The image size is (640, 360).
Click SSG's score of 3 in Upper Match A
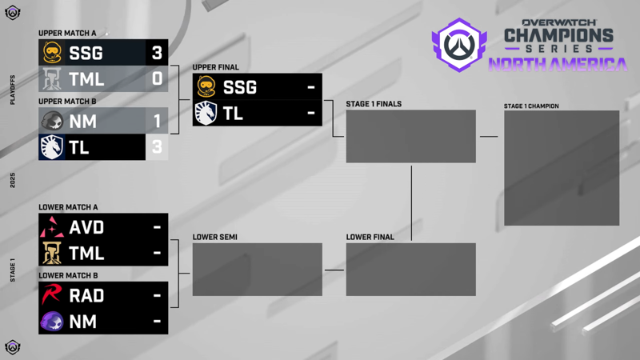(157, 53)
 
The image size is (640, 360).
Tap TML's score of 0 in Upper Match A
(157, 78)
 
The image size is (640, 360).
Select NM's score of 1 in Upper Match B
(157, 122)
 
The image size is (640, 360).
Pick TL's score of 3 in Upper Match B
(157, 147)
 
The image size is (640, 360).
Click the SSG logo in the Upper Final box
(206, 86)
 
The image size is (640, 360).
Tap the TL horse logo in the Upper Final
(206, 113)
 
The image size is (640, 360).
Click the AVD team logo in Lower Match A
(52, 227)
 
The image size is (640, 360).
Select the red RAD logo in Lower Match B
(51, 294)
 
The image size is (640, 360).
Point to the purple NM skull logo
(52, 322)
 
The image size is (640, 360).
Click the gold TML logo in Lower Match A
(52, 253)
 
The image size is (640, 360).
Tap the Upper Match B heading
(67, 102)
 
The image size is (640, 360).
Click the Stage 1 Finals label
(374, 104)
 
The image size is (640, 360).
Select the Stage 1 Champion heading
(531, 106)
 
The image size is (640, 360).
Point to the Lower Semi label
(214, 237)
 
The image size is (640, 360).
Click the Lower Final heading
(370, 237)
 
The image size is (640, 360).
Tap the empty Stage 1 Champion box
(562, 168)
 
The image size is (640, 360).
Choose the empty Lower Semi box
(257, 270)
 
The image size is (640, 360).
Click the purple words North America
(558, 65)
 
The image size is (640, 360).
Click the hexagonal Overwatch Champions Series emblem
(459, 45)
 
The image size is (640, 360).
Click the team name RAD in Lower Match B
(86, 295)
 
